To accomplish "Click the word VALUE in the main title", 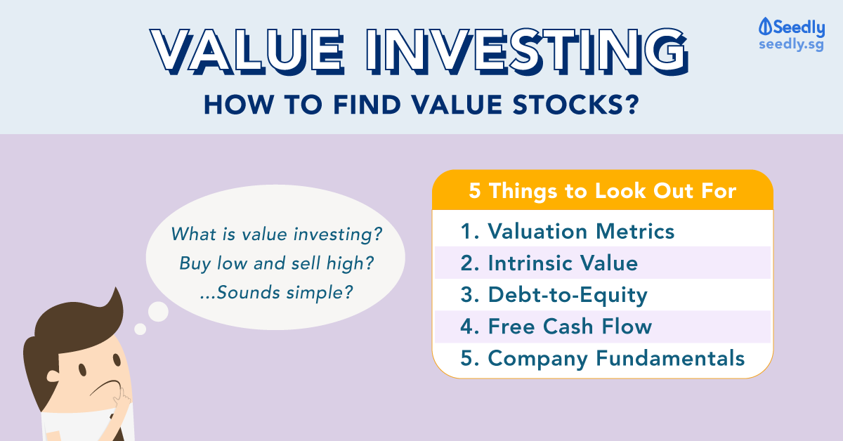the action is [247, 51].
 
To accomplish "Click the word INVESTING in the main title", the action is [528, 51].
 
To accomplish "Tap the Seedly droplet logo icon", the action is [765, 27].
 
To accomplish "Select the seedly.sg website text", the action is [791, 44].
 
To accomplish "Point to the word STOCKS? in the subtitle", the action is [576, 105].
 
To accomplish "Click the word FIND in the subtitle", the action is [367, 105].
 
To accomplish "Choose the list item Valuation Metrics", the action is [568, 231].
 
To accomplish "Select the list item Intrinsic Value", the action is [549, 263].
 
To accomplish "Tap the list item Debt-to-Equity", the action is [554, 295].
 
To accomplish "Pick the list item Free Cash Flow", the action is [556, 327].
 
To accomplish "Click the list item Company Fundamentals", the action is [603, 358].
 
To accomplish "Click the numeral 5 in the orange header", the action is [475, 190].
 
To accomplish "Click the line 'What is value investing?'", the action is [276, 234].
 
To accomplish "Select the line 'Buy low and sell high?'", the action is [277, 263].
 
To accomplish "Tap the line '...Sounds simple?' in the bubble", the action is [277, 292].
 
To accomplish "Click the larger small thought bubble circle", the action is [158, 312].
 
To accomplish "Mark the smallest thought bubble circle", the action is [140, 329].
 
